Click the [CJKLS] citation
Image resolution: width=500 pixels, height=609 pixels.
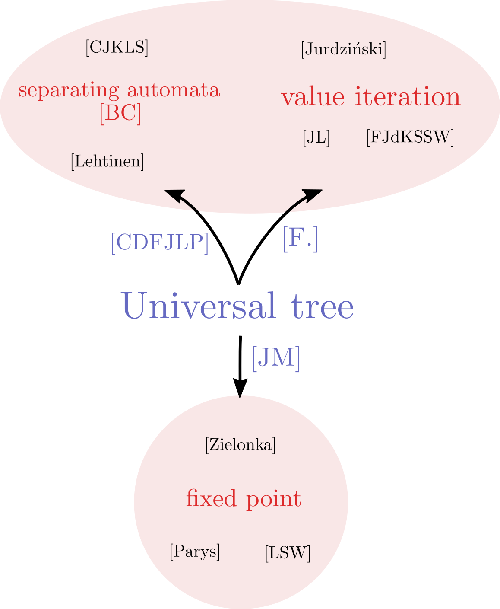(117, 48)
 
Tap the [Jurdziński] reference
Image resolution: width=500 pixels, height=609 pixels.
(343, 49)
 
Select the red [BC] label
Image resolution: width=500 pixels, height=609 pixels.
(120, 114)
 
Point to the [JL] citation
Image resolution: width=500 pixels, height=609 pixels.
(316, 137)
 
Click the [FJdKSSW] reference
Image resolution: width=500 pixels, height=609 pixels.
(410, 137)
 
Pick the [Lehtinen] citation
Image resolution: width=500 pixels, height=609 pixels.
(108, 162)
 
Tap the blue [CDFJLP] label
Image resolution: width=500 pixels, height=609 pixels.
(160, 243)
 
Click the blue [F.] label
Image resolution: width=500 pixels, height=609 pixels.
(301, 239)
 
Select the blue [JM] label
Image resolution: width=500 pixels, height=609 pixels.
(276, 359)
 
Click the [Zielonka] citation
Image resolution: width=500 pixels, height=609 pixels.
(241, 445)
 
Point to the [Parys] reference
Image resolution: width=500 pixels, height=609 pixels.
(195, 552)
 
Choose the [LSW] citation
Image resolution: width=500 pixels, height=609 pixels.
(288, 553)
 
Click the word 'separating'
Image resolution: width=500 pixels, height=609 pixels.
(69, 91)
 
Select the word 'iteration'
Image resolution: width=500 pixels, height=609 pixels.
(408, 96)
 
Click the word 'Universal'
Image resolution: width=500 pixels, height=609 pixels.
(199, 306)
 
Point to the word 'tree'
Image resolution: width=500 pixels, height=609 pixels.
(322, 307)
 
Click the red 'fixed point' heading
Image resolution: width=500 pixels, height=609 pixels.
(244, 499)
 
